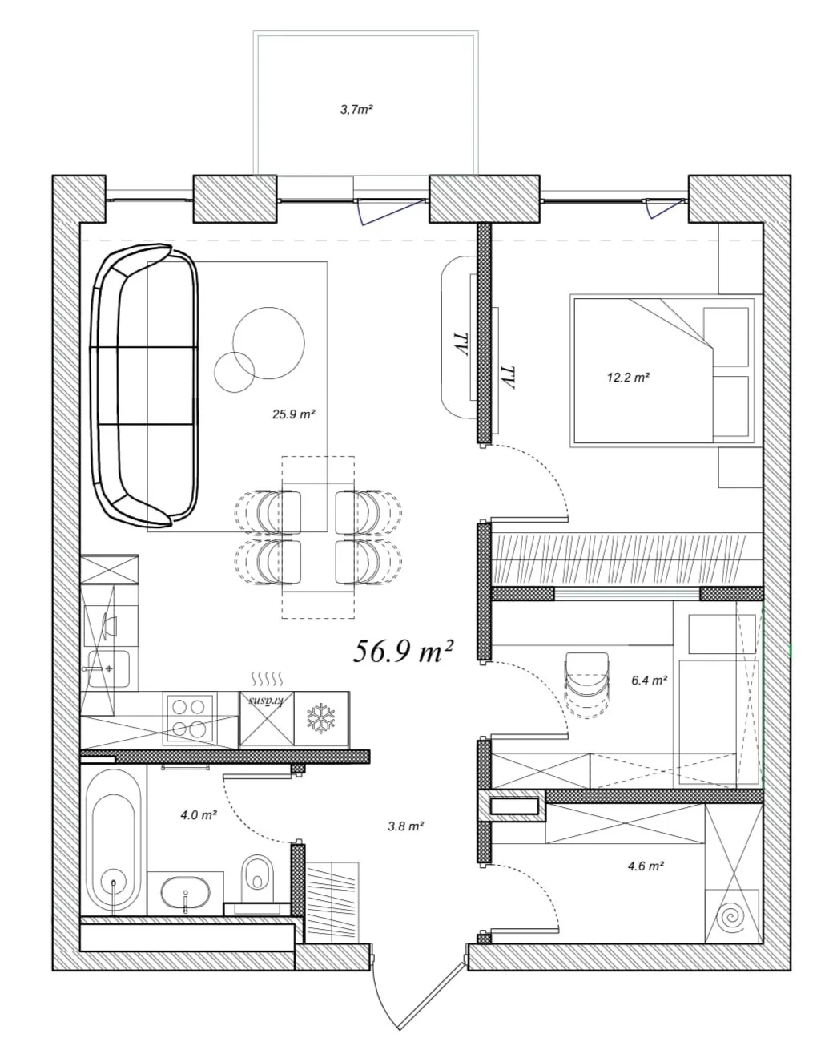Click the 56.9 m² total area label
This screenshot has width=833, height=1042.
[x=402, y=652]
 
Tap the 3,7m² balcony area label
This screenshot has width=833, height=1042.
[x=356, y=110]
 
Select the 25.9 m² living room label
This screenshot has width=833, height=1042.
[x=294, y=414]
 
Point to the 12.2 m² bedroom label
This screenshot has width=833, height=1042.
[x=628, y=378]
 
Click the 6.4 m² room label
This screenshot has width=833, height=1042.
[x=649, y=681]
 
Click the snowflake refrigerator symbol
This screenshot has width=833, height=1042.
[x=321, y=717]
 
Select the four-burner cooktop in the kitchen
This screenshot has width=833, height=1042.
[x=189, y=718]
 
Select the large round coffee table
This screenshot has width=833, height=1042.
[x=268, y=343]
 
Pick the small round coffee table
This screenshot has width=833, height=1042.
[x=234, y=372]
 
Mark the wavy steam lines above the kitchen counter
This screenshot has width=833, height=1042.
[x=267, y=679]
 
